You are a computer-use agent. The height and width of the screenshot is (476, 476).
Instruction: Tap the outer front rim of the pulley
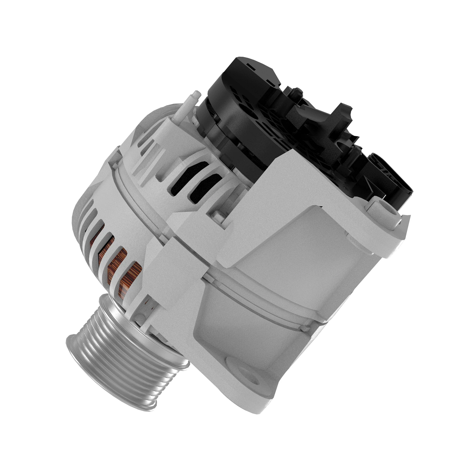[x=79, y=349]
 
